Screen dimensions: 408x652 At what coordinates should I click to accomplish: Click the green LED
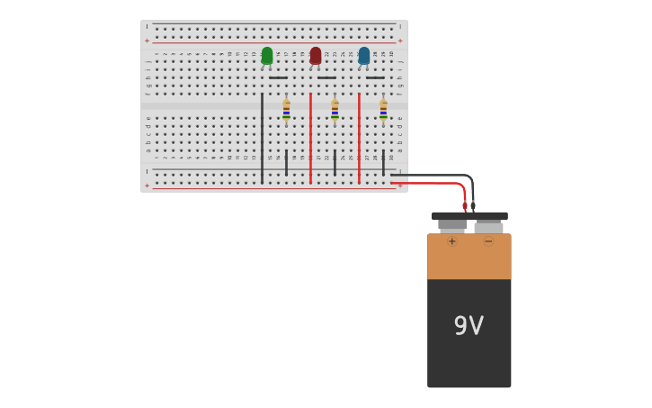[267, 56]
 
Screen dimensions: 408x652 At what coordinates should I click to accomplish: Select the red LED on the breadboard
[316, 56]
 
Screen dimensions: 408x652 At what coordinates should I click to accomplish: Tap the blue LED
[364, 56]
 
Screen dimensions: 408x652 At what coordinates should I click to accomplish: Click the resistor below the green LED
[286, 110]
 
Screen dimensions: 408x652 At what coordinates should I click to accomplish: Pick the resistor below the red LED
[335, 110]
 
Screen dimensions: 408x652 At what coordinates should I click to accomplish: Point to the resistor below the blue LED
[383, 110]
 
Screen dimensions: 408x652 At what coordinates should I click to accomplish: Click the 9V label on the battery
[469, 325]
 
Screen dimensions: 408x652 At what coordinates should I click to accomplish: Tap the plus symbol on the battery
[451, 241]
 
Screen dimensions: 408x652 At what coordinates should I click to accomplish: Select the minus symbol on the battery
[488, 241]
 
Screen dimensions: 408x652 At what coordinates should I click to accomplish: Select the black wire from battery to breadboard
[441, 175]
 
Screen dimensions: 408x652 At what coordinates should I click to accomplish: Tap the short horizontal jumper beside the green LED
[278, 77]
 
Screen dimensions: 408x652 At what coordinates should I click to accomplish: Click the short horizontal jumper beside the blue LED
[375, 77]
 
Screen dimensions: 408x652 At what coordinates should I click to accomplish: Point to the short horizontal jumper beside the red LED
[326, 77]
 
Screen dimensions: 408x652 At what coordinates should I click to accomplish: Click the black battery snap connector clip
[469, 216]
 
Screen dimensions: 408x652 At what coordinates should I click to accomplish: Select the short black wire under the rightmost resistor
[383, 162]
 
